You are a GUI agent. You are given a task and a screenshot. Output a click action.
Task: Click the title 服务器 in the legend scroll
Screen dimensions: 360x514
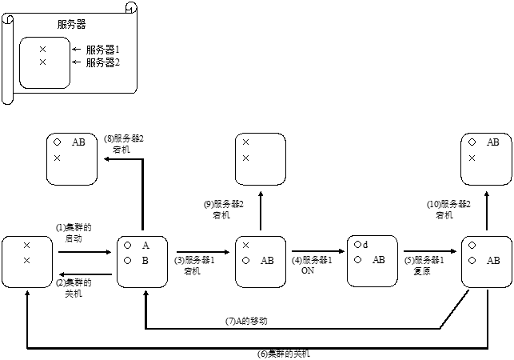72,25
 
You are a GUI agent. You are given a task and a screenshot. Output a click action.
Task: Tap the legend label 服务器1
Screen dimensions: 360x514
102,50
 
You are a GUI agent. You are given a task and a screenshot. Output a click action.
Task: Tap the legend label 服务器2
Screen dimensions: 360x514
102,62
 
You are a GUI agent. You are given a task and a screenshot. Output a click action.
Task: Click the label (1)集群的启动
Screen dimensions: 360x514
69,233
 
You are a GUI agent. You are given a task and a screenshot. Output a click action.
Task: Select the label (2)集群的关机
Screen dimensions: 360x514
69,288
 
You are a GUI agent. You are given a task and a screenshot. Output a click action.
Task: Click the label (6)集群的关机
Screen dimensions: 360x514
283,354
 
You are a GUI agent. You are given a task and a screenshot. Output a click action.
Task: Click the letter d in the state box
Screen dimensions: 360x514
365,245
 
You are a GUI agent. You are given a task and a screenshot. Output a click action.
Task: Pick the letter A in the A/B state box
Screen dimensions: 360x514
145,245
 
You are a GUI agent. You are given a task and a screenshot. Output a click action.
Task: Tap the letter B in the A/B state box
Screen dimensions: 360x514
145,260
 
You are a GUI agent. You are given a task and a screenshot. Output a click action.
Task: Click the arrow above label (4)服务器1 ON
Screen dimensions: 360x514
318,253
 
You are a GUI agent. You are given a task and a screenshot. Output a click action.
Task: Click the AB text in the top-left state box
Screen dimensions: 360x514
78,142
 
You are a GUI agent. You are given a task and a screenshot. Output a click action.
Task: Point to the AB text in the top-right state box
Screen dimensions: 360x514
493,142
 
